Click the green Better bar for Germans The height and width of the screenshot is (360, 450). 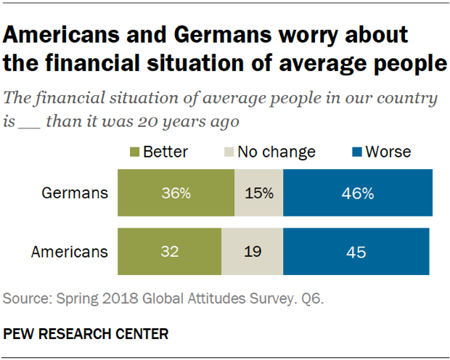tap(175, 193)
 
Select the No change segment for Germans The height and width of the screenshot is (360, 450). tap(258, 193)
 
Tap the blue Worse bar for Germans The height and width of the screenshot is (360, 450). tap(358, 193)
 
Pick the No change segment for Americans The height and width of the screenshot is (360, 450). tap(252, 252)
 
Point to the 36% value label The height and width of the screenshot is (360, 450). tap(175, 193)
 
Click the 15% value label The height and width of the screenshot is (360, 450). tap(258, 193)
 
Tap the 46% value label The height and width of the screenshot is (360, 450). tap(358, 193)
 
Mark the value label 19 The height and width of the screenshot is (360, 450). tap(252, 252)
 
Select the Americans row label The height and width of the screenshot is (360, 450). tap(70, 252)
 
